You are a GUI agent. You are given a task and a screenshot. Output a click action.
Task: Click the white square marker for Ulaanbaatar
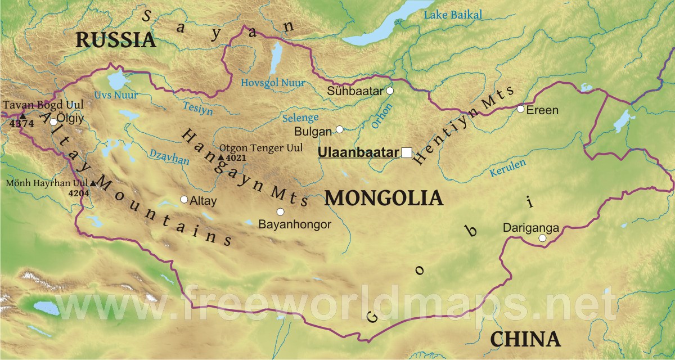click(407, 152)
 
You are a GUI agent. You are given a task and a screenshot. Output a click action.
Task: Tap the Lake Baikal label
click(453, 15)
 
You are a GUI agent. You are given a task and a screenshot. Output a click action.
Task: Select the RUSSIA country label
click(115, 39)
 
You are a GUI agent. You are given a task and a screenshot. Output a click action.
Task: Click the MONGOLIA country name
click(384, 198)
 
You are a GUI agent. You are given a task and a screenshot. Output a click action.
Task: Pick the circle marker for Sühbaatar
click(390, 91)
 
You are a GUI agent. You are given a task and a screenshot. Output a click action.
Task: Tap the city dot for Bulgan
click(340, 129)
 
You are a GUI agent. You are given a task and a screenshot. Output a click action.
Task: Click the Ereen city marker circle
click(521, 109)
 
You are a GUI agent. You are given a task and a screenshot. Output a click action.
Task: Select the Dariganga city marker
click(542, 238)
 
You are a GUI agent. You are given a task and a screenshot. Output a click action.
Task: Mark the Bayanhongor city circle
click(281, 211)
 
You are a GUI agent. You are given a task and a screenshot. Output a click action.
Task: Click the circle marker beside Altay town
click(184, 199)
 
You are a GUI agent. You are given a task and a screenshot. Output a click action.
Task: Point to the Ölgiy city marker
click(53, 121)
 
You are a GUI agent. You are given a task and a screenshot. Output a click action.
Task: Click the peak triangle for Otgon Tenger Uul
click(220, 157)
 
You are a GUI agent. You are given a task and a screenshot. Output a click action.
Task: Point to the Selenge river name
click(299, 118)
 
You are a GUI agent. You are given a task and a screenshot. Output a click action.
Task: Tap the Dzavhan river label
click(169, 157)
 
